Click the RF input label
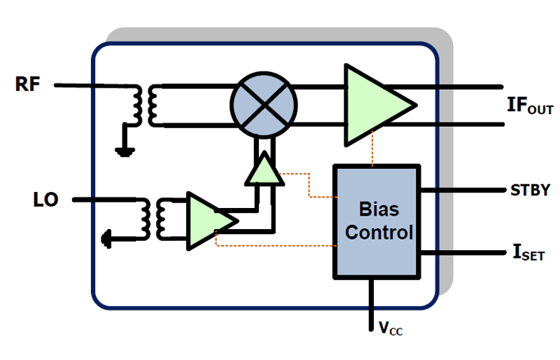tap(29, 85)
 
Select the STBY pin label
tap(530, 190)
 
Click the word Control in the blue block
tap(379, 232)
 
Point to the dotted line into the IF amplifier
tap(374, 153)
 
